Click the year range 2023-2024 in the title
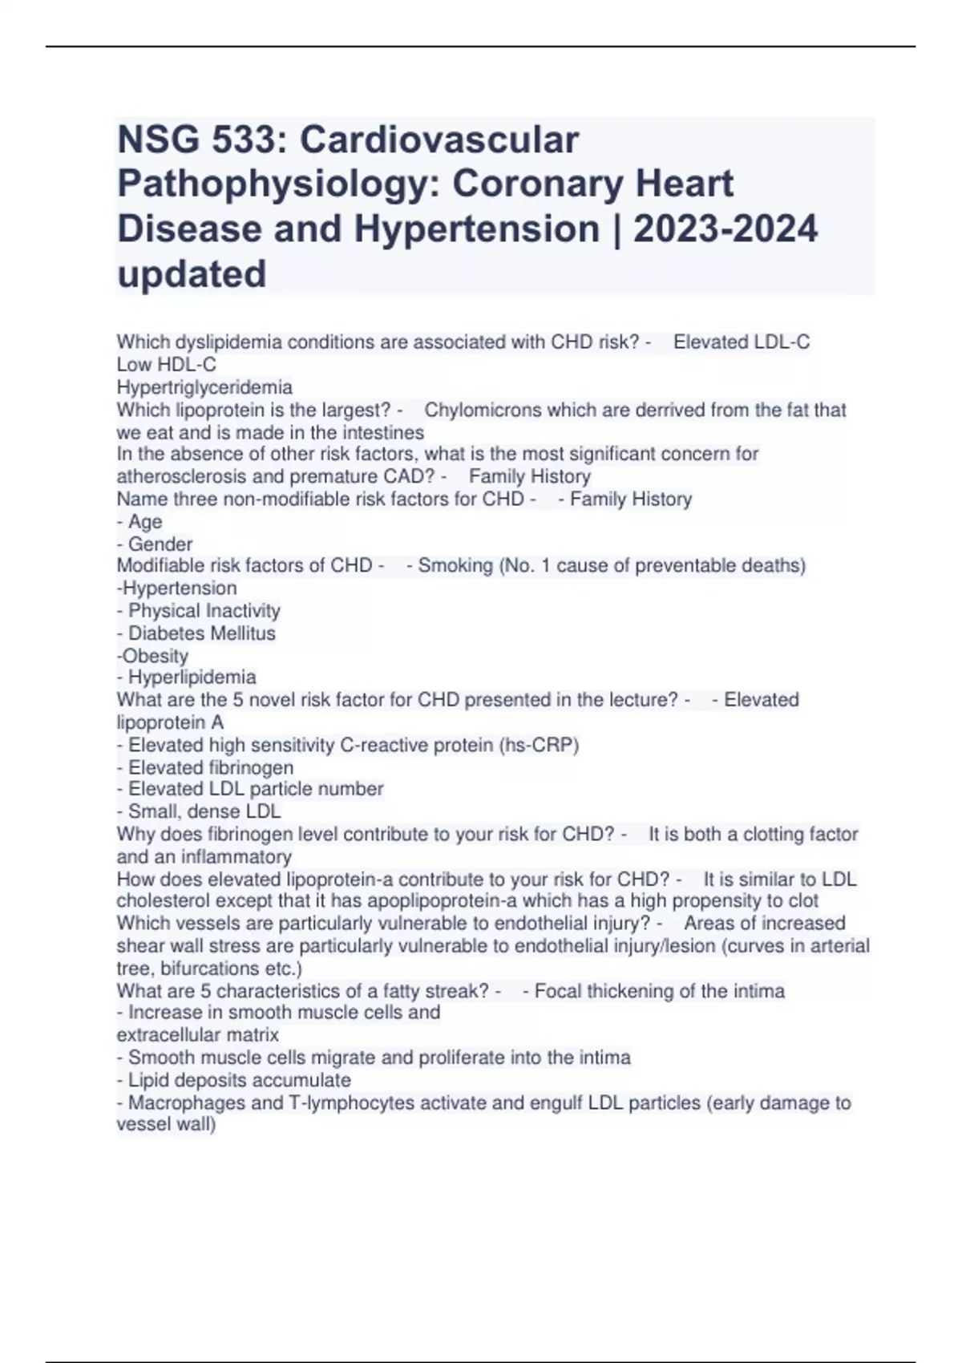click(x=726, y=229)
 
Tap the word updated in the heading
click(x=192, y=273)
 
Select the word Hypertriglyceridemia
click(x=204, y=388)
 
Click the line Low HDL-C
click(x=167, y=365)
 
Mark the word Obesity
click(x=156, y=655)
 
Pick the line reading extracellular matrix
click(x=198, y=1034)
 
